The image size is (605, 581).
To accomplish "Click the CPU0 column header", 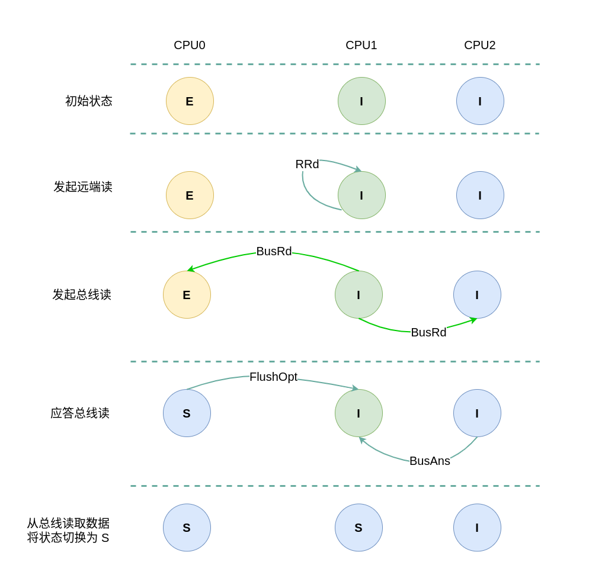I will click(190, 46).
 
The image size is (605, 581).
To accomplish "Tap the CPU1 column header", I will click(361, 46).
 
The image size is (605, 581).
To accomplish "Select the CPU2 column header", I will click(480, 46).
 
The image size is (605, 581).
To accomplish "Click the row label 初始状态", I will click(89, 101).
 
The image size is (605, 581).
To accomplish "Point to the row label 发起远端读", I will click(83, 187).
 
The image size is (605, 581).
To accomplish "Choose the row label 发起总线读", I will click(82, 295).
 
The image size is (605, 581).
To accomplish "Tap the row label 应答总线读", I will click(80, 413).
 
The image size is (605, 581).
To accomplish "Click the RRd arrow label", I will click(307, 165).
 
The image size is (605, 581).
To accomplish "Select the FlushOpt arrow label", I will click(273, 377).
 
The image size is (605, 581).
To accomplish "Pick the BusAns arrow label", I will click(430, 461).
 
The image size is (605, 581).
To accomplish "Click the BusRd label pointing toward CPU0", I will click(274, 252).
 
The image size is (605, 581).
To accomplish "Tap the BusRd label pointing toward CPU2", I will click(428, 333).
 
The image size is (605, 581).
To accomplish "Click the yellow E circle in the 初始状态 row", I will click(190, 101).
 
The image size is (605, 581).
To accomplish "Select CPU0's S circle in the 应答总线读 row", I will click(187, 413).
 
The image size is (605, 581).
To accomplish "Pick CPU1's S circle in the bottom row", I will click(358, 528).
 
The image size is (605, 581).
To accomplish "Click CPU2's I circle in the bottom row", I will click(477, 528).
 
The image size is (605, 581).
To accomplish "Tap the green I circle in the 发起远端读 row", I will click(361, 195).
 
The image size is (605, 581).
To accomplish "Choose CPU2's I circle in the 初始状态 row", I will click(480, 101).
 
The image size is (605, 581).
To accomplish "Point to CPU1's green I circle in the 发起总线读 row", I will click(358, 295).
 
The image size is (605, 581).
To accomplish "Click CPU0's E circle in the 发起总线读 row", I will click(187, 295).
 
